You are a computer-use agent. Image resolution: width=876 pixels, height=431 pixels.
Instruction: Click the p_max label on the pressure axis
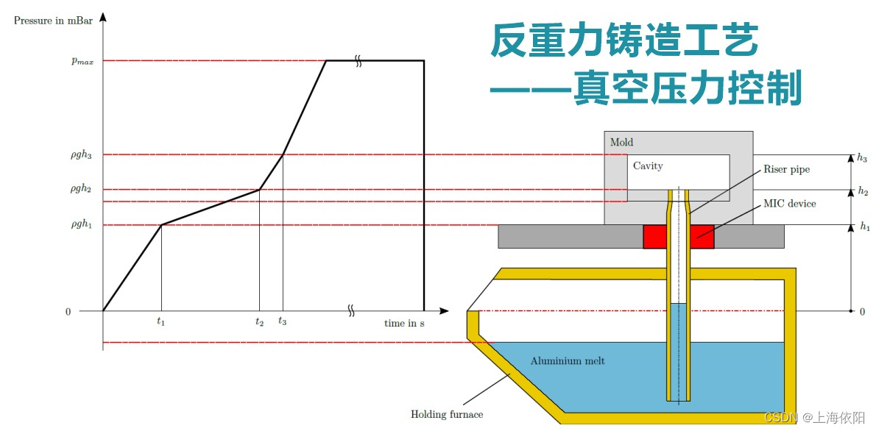(82, 61)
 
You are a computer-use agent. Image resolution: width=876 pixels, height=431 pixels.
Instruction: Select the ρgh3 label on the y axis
(80, 155)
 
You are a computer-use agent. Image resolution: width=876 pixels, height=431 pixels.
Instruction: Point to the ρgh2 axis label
(80, 190)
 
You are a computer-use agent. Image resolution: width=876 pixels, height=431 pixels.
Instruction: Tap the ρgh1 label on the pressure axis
(80, 225)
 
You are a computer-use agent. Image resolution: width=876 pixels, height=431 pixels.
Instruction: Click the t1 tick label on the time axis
(160, 321)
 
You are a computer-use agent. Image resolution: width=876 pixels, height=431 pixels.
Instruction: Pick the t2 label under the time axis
(259, 321)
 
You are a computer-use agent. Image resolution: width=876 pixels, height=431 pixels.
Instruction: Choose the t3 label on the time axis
(283, 321)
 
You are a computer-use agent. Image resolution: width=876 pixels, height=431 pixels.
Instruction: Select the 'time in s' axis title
(404, 323)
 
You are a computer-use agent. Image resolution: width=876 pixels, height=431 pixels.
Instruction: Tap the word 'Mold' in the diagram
(621, 142)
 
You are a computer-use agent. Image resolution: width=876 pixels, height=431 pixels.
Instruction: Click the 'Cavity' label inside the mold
(648, 166)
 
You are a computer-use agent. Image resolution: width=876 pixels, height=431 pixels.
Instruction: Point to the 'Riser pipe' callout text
(787, 170)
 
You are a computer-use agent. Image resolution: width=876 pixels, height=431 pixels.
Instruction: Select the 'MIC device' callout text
(789, 203)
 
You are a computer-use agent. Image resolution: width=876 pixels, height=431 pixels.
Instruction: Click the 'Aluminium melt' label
(568, 361)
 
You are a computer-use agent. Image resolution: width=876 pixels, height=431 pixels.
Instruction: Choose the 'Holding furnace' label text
(447, 414)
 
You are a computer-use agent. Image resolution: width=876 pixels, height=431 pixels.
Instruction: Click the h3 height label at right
(863, 157)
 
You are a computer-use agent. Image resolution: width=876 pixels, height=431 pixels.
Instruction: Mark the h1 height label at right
(864, 227)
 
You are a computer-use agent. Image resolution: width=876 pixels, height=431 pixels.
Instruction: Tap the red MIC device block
(654, 236)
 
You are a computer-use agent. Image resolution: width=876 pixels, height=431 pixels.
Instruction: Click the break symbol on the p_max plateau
(358, 61)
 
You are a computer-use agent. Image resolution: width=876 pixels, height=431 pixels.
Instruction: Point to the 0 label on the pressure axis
(68, 312)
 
